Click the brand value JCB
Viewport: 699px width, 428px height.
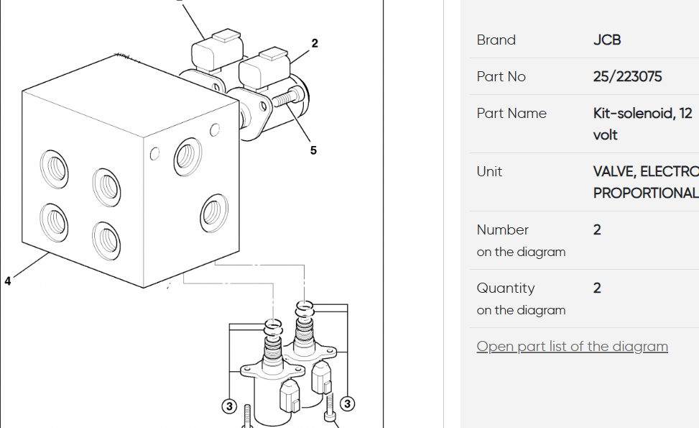pyautogui.click(x=607, y=40)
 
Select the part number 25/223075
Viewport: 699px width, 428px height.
pyautogui.click(x=627, y=76)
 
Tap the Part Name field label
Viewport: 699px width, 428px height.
pyautogui.click(x=511, y=113)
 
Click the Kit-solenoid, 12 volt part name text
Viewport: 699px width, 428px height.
pyautogui.click(x=642, y=124)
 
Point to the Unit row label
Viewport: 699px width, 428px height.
pyautogui.click(x=489, y=171)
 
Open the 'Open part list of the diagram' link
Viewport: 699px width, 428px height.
pyautogui.click(x=572, y=346)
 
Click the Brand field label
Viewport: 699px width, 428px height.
pyautogui.click(x=496, y=40)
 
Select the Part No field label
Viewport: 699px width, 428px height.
pyautogui.click(x=501, y=76)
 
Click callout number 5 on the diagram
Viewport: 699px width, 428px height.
pyautogui.click(x=313, y=150)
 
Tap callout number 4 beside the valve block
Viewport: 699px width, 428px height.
pyautogui.click(x=8, y=281)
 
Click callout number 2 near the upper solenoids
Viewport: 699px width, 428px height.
pyautogui.click(x=315, y=43)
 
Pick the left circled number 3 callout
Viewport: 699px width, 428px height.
pyautogui.click(x=229, y=406)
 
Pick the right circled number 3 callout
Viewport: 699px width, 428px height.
pyautogui.click(x=347, y=404)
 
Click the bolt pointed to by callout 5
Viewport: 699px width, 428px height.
pyautogui.click(x=287, y=97)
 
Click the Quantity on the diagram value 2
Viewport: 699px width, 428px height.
pyautogui.click(x=597, y=288)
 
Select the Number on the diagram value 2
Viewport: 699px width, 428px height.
pyautogui.click(x=597, y=230)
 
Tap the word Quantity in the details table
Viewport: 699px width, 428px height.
pyautogui.click(x=506, y=288)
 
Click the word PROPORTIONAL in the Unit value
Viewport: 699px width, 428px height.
pyautogui.click(x=646, y=193)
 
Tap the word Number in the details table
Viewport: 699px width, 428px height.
pyautogui.click(x=502, y=230)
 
